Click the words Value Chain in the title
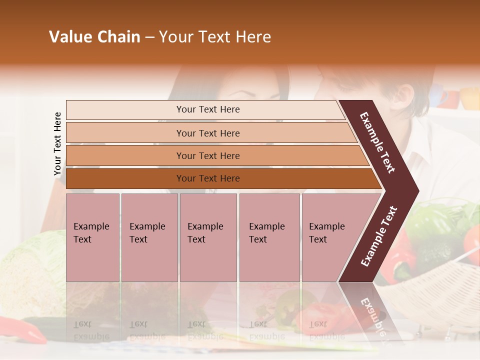point(94,37)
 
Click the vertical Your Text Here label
point(57,143)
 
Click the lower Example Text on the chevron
point(378,236)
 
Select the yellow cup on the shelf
point(470,98)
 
